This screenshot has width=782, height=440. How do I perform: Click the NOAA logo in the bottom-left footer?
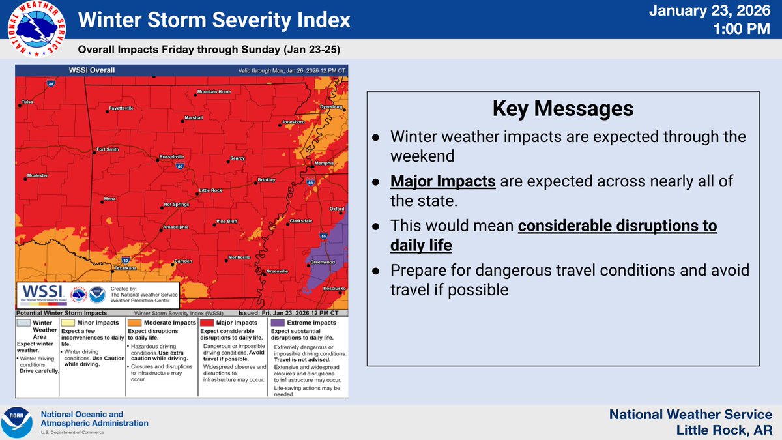point(18,422)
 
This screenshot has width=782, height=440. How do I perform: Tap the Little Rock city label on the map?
point(210,190)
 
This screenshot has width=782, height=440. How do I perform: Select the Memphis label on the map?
point(323,163)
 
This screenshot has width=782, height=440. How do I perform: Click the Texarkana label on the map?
point(124,268)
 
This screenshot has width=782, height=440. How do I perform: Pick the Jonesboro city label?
point(293,122)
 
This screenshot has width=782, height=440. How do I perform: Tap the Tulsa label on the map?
point(27,102)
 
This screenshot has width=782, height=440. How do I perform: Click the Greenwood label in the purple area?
point(322,262)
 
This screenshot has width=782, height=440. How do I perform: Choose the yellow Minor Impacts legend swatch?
point(68,323)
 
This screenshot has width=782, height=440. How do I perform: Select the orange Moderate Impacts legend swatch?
point(135,323)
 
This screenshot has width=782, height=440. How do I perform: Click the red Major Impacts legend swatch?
point(207,323)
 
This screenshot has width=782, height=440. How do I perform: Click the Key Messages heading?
point(562,109)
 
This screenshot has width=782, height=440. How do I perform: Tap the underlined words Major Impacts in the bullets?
point(443,182)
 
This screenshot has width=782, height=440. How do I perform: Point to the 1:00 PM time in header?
point(748,30)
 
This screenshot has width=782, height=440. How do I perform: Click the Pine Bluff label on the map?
point(227,222)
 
